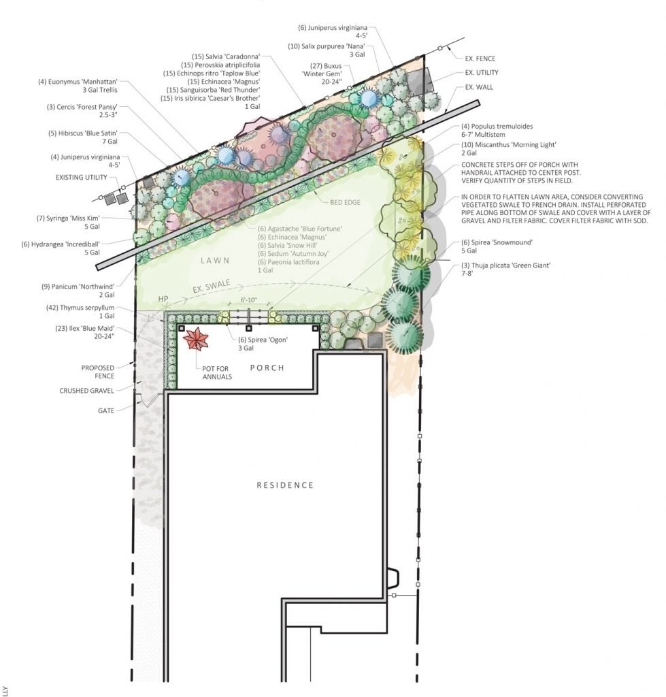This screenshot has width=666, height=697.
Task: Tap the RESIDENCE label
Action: click(x=285, y=485)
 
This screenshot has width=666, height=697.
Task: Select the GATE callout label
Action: click(x=105, y=410)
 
